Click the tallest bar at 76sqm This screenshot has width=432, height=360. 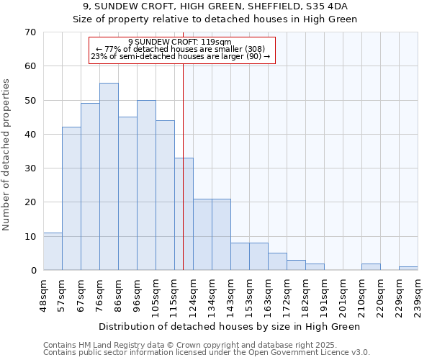click(x=109, y=176)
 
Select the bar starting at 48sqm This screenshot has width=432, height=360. click(x=53, y=251)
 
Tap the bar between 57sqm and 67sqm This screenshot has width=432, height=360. click(x=71, y=199)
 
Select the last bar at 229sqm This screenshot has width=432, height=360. click(x=408, y=269)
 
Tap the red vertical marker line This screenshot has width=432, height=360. click(x=184, y=108)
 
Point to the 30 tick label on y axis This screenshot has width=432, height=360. click(x=30, y=168)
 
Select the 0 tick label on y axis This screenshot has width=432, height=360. click(x=33, y=271)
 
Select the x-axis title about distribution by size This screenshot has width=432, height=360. click(x=230, y=326)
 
